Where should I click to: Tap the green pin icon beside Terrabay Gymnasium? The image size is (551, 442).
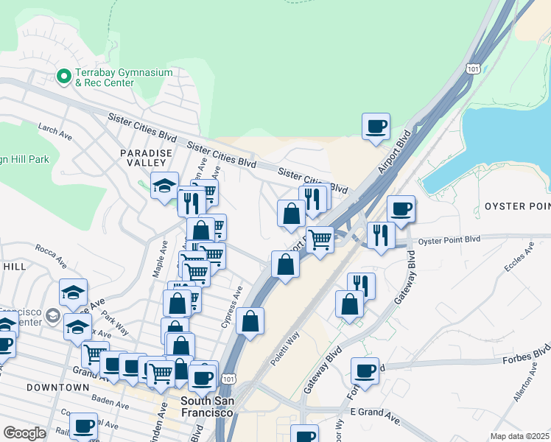(x=63, y=75)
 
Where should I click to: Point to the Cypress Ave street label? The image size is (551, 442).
(x=232, y=307)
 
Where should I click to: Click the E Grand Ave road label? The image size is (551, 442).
(x=374, y=411)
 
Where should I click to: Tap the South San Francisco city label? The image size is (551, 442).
(x=207, y=407)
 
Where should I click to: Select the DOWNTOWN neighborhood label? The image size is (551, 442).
(x=57, y=387)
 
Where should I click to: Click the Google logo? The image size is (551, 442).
(x=24, y=433)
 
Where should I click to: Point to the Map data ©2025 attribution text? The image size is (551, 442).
(x=519, y=436)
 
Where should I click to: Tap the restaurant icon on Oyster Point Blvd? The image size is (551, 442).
(x=380, y=234)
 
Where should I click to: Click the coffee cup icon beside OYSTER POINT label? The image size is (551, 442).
(x=401, y=208)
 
